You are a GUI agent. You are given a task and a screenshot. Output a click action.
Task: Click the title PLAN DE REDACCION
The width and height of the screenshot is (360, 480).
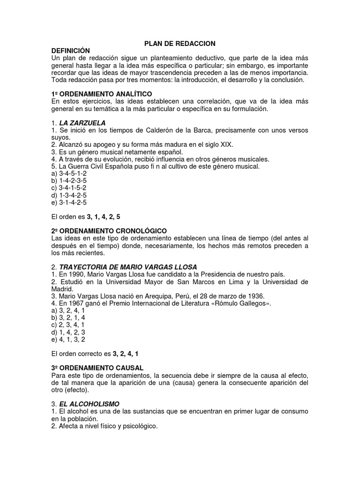(180, 44)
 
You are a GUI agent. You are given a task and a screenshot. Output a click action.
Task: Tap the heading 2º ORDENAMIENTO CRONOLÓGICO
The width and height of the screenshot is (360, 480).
(109, 231)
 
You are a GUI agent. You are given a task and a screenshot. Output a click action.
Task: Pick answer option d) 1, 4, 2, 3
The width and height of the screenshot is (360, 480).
(68, 332)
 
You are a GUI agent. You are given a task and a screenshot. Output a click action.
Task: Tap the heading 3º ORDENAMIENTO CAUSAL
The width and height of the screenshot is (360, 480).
(97, 368)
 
